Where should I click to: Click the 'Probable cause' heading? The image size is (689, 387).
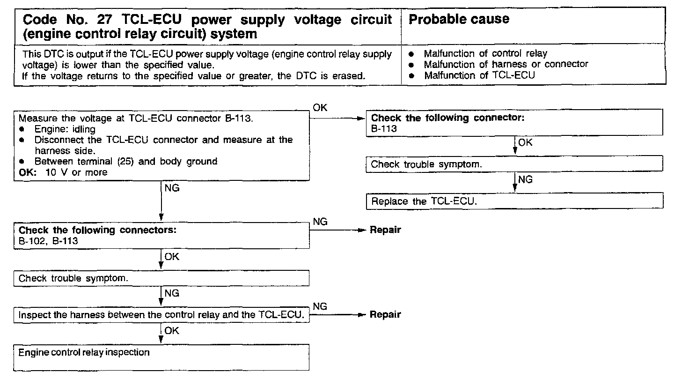pyautogui.click(x=459, y=19)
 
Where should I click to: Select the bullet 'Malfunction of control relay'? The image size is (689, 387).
pyautogui.click(x=485, y=53)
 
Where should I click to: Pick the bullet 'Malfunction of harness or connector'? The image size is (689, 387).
pyautogui.click(x=506, y=64)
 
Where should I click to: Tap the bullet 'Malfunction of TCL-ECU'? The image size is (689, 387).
pyautogui.click(x=479, y=75)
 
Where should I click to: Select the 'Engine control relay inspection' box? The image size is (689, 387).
pyautogui.click(x=161, y=357)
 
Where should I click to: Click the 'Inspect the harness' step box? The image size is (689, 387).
pyautogui.click(x=161, y=315)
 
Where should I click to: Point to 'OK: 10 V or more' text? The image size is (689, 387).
pyautogui.click(x=63, y=172)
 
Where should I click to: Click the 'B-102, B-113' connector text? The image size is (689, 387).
pyautogui.click(x=48, y=241)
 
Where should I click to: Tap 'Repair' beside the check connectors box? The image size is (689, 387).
pyautogui.click(x=385, y=230)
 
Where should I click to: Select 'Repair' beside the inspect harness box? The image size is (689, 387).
pyautogui.click(x=385, y=314)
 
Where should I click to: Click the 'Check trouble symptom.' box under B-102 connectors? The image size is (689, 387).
pyautogui.click(x=161, y=278)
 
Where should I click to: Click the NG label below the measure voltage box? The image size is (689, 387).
pyautogui.click(x=172, y=188)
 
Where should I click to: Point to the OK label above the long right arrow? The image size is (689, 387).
pyautogui.click(x=320, y=108)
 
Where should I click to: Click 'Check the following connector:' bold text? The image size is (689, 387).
pyautogui.click(x=447, y=118)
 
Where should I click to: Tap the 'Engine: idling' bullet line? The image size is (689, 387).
pyautogui.click(x=65, y=129)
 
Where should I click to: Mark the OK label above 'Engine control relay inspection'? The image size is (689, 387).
pyautogui.click(x=172, y=331)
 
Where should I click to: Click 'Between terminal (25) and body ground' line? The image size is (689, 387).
pyautogui.click(x=125, y=162)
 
